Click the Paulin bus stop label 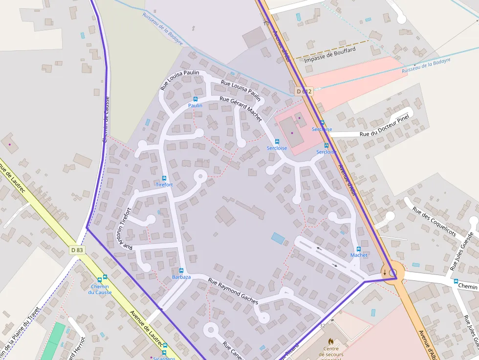coord(195,106)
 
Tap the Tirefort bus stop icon coord(164,178)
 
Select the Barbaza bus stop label coord(181,277)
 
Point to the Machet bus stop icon coord(359,249)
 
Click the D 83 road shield coord(77,250)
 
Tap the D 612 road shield coord(304,91)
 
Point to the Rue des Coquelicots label coord(435,221)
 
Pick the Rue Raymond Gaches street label coord(233,292)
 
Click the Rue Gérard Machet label coord(241,108)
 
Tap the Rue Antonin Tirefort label coord(126,229)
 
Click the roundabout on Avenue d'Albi coord(392,272)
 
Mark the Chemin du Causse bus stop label coord(100,289)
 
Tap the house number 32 coord(322,325)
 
